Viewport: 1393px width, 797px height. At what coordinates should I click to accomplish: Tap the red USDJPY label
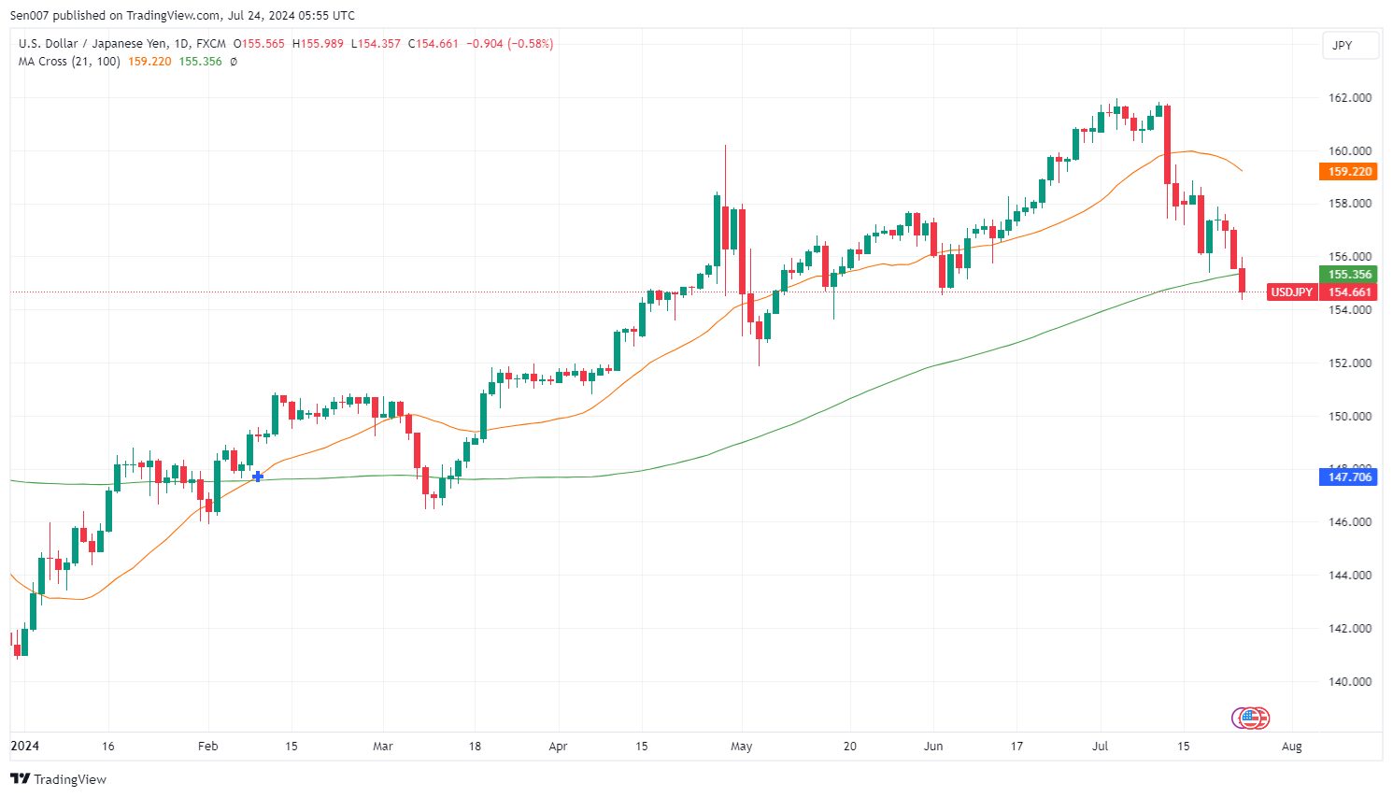coord(1291,292)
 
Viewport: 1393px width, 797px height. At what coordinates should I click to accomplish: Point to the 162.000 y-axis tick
coord(1350,97)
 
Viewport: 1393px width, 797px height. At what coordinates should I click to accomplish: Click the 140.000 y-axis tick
coord(1350,682)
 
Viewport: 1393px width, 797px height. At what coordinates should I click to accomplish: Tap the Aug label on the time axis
coord(1292,747)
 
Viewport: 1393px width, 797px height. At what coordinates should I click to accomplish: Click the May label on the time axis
coord(742,747)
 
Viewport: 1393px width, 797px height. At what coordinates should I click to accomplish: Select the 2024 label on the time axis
coord(25,747)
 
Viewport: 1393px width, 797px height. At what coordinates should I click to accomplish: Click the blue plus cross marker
coord(258,477)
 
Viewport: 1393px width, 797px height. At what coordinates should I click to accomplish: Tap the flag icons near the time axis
coord(1251,718)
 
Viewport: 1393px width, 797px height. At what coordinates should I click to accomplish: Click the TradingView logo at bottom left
coord(59,779)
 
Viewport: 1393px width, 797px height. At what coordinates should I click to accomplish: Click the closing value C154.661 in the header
coord(434,44)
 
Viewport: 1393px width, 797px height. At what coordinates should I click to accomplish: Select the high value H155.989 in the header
coord(318,44)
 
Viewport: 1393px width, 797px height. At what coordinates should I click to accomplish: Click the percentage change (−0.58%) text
coord(531,44)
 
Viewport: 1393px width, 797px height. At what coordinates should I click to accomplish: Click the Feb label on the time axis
coord(207,747)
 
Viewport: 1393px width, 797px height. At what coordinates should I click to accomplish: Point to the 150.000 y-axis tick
coord(1350,417)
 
